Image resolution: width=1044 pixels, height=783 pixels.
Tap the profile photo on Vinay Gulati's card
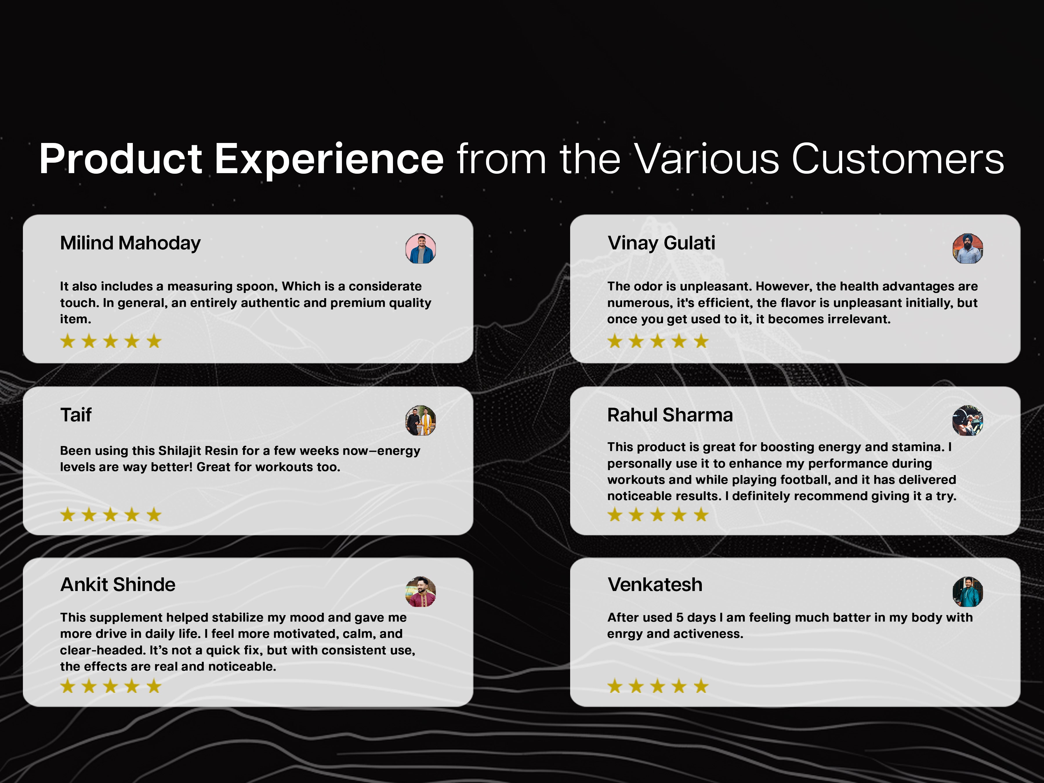(967, 248)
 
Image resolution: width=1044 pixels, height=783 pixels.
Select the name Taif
(76, 415)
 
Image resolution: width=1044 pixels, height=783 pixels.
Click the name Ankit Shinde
(118, 585)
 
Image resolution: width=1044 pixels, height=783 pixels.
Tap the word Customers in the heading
(898, 159)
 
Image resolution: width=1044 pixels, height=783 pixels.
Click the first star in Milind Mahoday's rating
(68, 341)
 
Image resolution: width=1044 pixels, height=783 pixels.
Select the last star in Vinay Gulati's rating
(701, 341)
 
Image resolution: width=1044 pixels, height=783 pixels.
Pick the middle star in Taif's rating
(111, 514)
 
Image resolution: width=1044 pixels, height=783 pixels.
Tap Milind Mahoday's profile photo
(420, 248)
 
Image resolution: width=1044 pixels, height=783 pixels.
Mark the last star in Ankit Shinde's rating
(154, 686)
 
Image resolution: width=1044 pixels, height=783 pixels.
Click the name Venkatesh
(655, 585)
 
